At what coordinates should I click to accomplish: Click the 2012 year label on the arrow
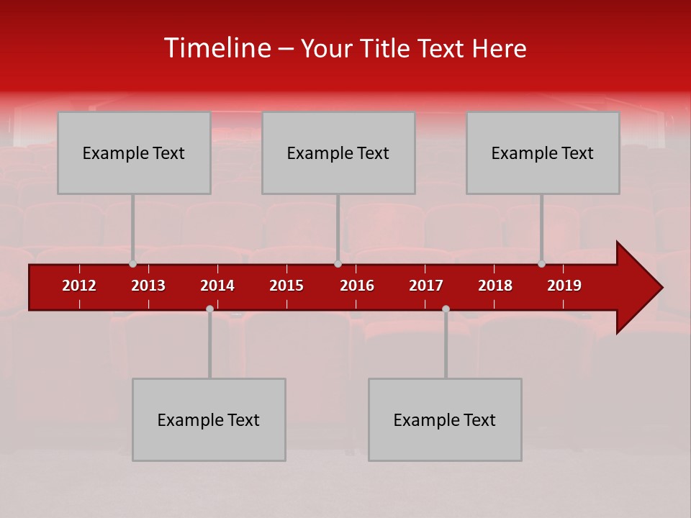pos(79,286)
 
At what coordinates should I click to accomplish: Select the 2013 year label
pos(148,286)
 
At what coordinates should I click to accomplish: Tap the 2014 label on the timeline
pos(217,286)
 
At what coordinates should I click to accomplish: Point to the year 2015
pos(286,286)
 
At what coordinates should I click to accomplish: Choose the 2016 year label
pos(357,286)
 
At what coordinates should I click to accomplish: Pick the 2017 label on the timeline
pos(426,286)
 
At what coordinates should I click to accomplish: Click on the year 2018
pos(495,286)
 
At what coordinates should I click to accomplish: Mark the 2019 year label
pos(564,286)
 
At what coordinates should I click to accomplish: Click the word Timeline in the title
pos(215,48)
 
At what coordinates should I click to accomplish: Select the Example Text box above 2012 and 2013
pos(134,153)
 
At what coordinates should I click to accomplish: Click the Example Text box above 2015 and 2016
pos(338,153)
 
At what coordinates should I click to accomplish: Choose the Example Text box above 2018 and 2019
pos(543,153)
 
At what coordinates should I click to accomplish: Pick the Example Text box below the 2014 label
pos(209,419)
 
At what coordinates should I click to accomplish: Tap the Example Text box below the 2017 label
pos(445,419)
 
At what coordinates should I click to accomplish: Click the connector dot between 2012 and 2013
pos(132,264)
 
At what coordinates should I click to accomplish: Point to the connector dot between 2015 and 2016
pos(338,264)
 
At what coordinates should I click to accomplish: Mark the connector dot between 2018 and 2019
pos(541,264)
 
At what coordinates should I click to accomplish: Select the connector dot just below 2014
pos(209,309)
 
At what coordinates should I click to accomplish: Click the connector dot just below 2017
pos(446,309)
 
